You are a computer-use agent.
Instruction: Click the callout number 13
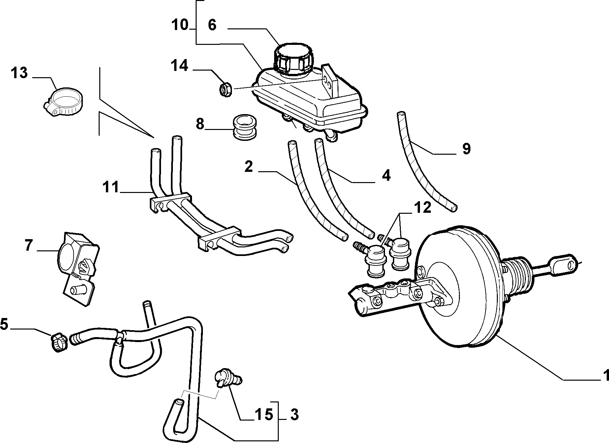pos(19,73)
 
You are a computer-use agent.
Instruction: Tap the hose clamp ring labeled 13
pos(64,102)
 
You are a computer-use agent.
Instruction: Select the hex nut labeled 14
pos(226,89)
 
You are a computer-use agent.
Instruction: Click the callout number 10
pos(180,25)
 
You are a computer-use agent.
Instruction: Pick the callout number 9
pos(466,149)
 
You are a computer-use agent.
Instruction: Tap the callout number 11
pos(110,188)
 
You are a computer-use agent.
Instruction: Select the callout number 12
pos(423,208)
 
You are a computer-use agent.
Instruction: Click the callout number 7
pos(29,245)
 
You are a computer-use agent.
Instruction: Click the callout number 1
pos(605,376)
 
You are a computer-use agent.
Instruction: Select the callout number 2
pos(248,167)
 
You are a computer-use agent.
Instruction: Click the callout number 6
pos(212,25)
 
